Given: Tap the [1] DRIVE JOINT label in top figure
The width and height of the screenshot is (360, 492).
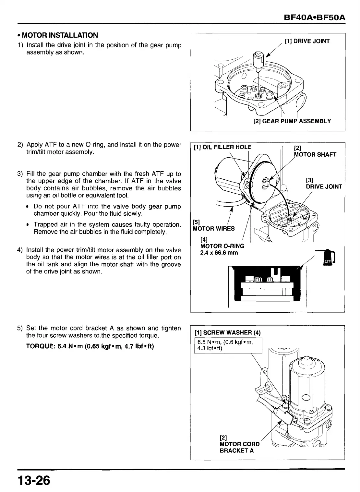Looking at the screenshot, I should click(307, 41).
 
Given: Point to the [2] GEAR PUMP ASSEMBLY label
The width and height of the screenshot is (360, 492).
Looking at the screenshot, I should click(292, 121).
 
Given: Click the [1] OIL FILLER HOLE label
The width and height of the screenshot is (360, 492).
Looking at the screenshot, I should click(222, 147).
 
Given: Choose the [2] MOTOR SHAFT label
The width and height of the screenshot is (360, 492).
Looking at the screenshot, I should click(315, 151).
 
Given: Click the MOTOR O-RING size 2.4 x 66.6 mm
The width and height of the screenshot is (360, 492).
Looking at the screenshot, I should click(219, 253).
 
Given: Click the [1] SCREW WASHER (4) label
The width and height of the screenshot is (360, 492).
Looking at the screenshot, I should click(227, 332).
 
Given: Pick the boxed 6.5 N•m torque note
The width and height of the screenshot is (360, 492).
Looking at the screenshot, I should click(227, 345).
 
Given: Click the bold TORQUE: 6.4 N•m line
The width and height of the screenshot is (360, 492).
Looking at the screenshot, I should click(90, 346).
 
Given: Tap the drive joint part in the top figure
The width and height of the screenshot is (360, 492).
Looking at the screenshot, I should click(258, 60).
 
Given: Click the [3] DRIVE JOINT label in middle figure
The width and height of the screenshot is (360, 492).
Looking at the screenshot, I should click(324, 183).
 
